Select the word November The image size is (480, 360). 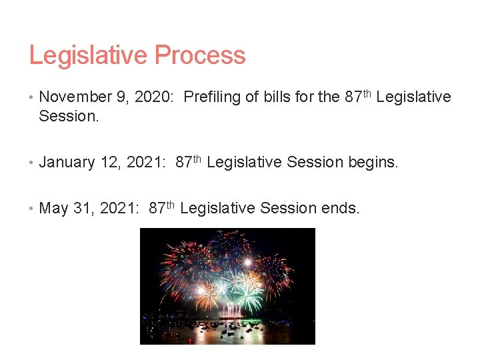(x=75, y=97)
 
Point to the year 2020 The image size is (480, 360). (x=154, y=97)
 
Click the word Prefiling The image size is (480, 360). (x=212, y=97)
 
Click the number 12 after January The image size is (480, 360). (x=108, y=162)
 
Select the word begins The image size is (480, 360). (x=373, y=162)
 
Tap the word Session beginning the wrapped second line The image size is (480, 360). (x=67, y=116)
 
